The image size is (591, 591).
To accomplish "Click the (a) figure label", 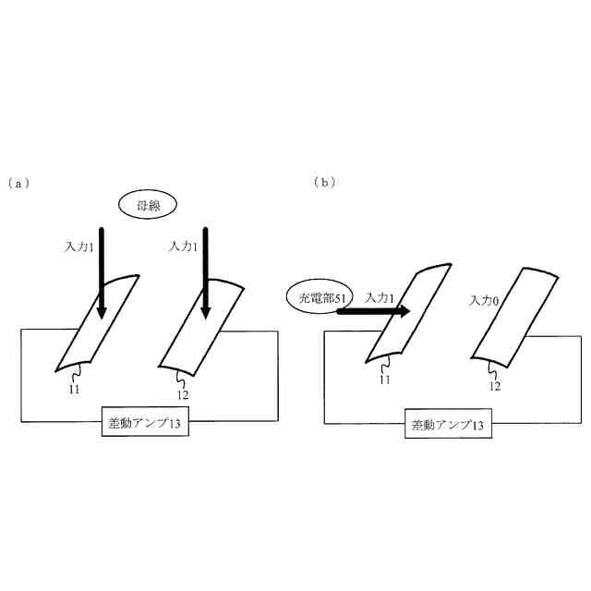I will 18,183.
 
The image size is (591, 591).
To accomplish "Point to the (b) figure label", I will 324,182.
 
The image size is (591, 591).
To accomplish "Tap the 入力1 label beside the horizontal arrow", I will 380,297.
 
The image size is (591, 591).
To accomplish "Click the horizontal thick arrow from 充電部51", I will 373,312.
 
